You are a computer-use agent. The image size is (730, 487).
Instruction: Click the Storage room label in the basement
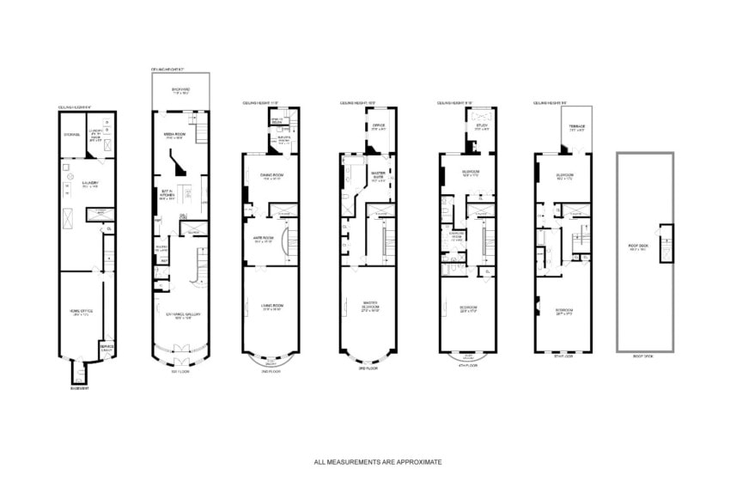[72, 134]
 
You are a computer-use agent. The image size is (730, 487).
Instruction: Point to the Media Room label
[175, 135]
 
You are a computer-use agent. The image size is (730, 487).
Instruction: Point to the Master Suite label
[378, 176]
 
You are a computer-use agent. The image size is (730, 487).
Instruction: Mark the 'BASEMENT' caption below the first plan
[79, 388]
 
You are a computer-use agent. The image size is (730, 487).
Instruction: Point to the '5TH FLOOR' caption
[563, 356]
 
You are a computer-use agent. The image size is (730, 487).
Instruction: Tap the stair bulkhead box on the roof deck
[665, 236]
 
